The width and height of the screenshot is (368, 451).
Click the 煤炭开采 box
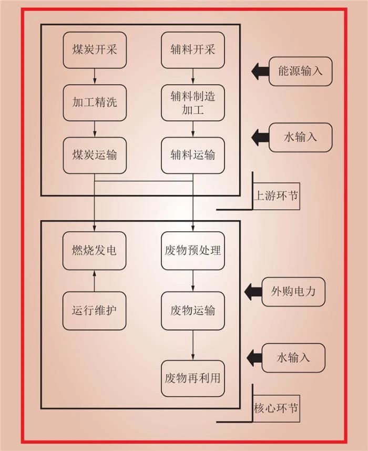[x=95, y=50]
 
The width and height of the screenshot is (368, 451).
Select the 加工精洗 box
[x=95, y=102]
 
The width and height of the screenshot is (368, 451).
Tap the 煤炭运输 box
[x=95, y=156]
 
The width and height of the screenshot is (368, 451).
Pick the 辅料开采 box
[x=193, y=50]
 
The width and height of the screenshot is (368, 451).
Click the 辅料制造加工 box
[x=193, y=103]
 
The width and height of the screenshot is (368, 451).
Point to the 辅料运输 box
[x=193, y=156]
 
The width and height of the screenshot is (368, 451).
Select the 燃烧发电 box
[x=95, y=249]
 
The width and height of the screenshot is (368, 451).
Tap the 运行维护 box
[x=95, y=310]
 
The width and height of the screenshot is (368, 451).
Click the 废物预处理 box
[x=193, y=249]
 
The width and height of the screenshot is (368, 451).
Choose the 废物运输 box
[x=193, y=310]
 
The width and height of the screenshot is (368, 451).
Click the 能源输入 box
[x=300, y=70]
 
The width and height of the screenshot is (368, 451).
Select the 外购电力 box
[x=293, y=290]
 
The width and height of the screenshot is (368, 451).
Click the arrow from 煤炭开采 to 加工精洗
[x=95, y=76]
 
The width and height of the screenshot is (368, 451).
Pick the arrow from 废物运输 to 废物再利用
[x=193, y=345]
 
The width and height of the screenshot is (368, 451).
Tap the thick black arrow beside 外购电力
[x=253, y=290]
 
